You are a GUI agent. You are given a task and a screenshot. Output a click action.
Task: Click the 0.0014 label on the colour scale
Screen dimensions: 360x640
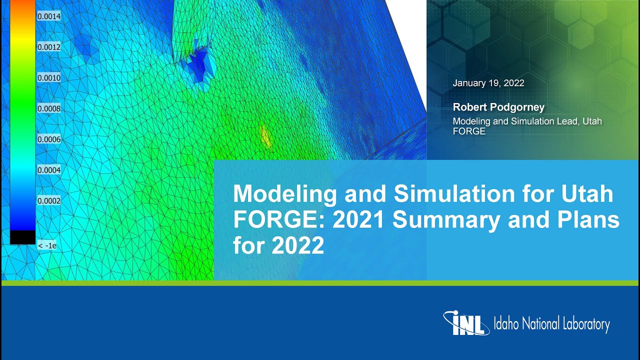[x=49, y=16]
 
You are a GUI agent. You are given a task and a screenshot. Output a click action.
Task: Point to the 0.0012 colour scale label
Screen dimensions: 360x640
[x=49, y=47]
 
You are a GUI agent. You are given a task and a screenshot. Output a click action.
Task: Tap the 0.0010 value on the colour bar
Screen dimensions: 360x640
[x=49, y=78]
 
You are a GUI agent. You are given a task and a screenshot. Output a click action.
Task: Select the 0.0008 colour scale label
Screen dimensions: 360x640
[x=49, y=108]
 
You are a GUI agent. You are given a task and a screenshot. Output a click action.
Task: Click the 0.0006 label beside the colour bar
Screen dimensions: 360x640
[x=49, y=139]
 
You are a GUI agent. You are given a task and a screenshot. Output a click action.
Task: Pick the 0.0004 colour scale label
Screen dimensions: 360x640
[x=49, y=170]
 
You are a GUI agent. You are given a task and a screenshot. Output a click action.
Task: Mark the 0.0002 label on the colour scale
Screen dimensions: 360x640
[x=49, y=201]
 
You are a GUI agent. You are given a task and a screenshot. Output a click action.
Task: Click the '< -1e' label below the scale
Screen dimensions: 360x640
[x=47, y=245]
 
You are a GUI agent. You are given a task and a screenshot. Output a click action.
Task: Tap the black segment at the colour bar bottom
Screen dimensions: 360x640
[x=22, y=237]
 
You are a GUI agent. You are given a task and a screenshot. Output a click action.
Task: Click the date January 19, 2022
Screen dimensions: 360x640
[x=488, y=83]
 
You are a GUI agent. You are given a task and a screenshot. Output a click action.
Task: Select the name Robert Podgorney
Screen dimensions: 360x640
[x=498, y=107]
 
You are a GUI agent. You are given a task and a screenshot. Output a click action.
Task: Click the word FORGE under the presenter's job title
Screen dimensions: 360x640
[x=468, y=131]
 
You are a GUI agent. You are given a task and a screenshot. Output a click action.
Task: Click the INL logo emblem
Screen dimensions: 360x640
[x=465, y=323]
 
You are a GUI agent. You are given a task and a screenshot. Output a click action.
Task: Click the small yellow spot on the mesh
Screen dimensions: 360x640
[x=265, y=136]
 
